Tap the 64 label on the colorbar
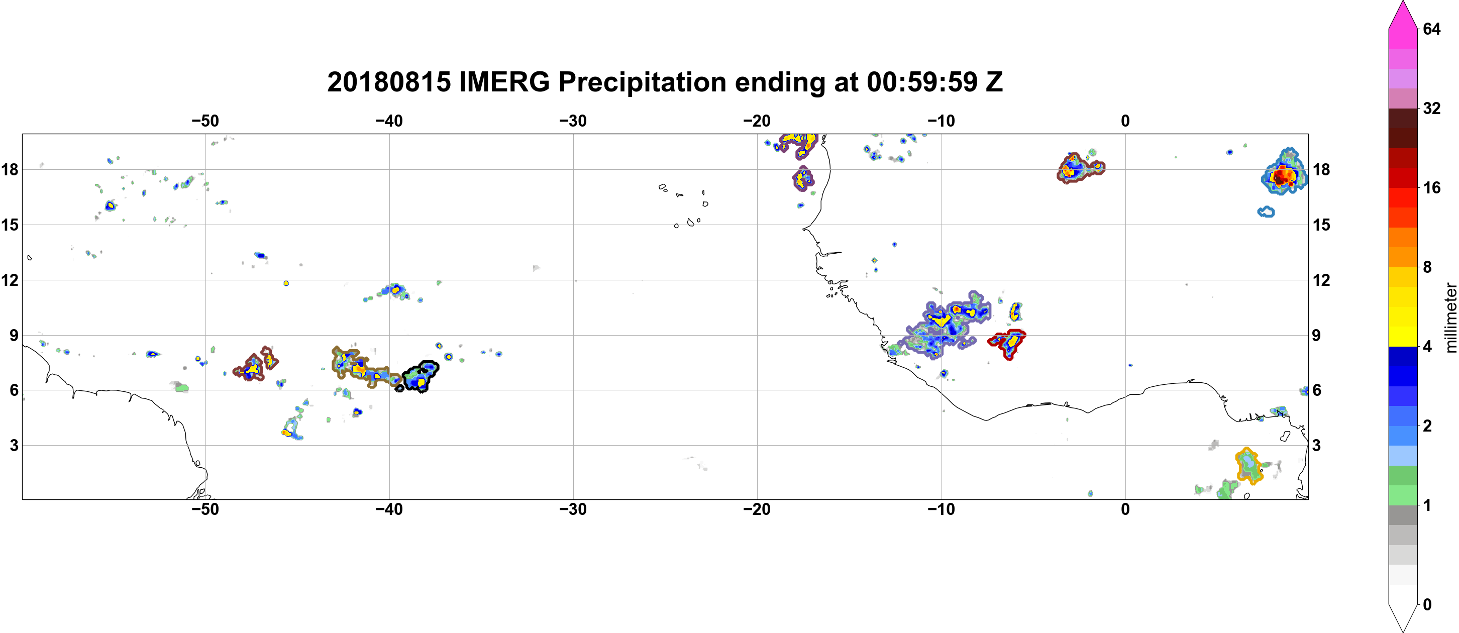(x=1431, y=29)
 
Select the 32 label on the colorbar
(x=1431, y=108)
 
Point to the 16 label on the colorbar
(x=1431, y=187)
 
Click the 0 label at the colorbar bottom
(x=1427, y=604)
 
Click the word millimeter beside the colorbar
(x=1450, y=318)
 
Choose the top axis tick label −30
(x=573, y=121)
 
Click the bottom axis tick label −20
(x=757, y=509)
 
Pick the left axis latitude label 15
(x=10, y=225)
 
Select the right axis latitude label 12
(x=1322, y=280)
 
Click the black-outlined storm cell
(x=420, y=376)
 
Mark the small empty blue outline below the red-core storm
(x=1267, y=212)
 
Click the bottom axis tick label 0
(x=1125, y=509)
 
